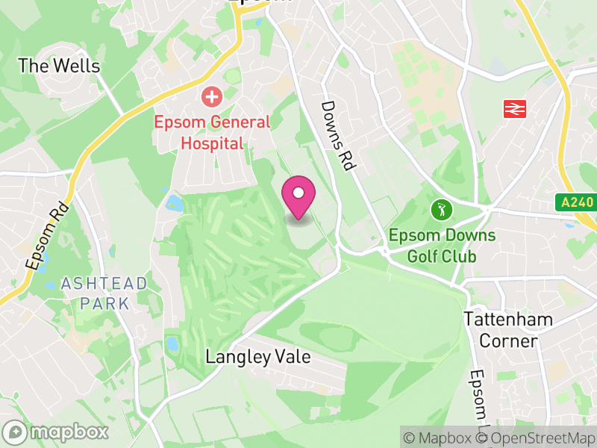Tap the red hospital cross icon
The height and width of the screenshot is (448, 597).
(213, 96)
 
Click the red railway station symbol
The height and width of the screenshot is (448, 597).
(515, 108)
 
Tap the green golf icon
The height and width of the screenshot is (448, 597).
(441, 210)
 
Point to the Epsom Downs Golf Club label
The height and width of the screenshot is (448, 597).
(441, 246)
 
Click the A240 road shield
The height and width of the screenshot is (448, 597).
(575, 202)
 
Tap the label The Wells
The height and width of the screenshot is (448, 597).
(58, 66)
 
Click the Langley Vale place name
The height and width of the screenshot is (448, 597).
(257, 357)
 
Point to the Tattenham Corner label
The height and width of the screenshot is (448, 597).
(508, 330)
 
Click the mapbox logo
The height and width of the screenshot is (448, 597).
(57, 432)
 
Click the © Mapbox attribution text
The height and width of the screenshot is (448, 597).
(444, 438)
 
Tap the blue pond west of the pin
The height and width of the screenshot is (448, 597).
(175, 202)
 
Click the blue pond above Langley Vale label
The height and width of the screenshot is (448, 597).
(172, 343)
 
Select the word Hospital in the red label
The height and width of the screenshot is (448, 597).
(213, 143)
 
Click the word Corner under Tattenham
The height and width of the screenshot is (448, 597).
(508, 341)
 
